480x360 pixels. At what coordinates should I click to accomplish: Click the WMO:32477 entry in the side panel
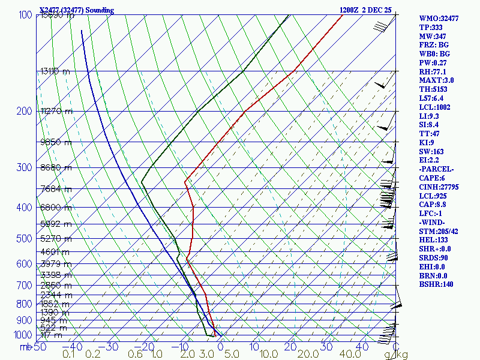coord(439,19)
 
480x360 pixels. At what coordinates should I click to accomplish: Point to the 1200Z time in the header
coord(350,10)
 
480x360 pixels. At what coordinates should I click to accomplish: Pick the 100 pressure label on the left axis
coord(25,15)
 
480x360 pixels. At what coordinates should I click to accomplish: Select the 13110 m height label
coord(55,71)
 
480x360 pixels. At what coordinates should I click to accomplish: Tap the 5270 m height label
coord(55,239)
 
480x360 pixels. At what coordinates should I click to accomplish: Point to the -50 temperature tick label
coord(39,347)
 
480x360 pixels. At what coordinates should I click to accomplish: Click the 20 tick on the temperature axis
coord(291,347)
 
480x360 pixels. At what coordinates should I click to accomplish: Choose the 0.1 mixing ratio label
coord(68,355)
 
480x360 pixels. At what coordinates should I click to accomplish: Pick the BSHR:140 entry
coord(436,284)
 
